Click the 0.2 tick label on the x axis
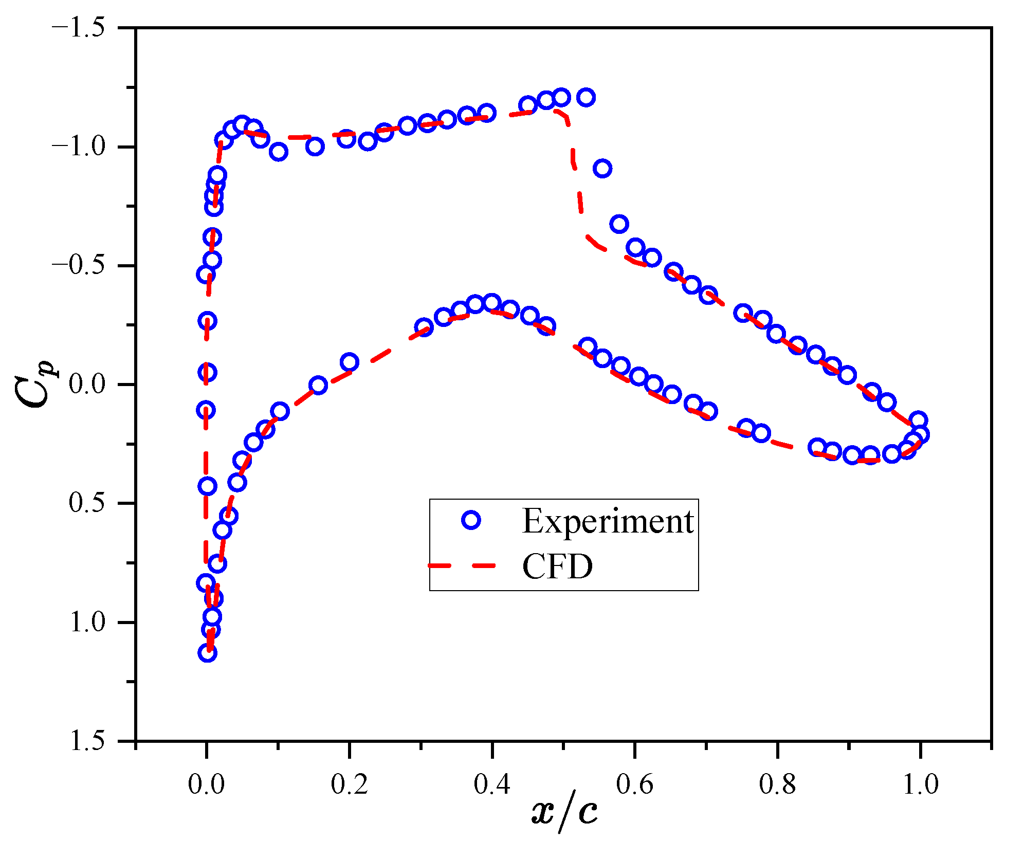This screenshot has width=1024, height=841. (x=349, y=784)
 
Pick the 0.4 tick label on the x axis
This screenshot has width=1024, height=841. (x=492, y=784)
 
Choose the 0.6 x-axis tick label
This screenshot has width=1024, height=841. (x=635, y=784)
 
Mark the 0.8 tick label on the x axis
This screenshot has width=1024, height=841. (x=777, y=784)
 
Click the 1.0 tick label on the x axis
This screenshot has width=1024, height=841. (x=920, y=784)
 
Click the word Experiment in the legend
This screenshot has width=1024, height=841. (x=608, y=521)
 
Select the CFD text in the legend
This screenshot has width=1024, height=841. (x=557, y=566)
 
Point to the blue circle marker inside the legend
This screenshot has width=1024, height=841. (x=471, y=520)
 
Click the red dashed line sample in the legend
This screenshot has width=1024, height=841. (x=462, y=565)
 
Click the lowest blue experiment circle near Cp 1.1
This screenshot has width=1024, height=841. (x=207, y=653)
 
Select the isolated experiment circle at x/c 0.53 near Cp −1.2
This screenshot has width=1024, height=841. (x=586, y=97)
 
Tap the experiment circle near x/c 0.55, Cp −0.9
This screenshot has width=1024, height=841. (x=602, y=168)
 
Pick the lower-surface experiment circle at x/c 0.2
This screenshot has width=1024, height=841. (x=349, y=362)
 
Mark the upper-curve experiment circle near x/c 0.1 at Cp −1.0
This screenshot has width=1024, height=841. (x=278, y=152)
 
